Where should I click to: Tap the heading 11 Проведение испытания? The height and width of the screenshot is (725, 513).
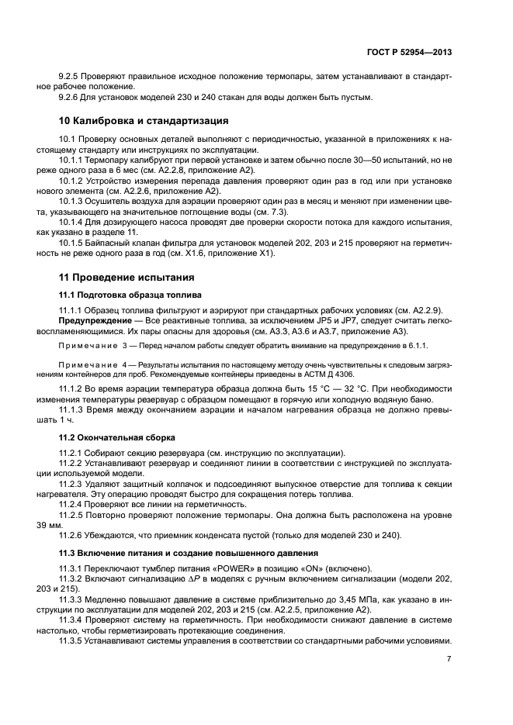(x=127, y=277)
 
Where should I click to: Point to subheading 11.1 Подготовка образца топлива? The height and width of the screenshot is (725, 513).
(x=130, y=295)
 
